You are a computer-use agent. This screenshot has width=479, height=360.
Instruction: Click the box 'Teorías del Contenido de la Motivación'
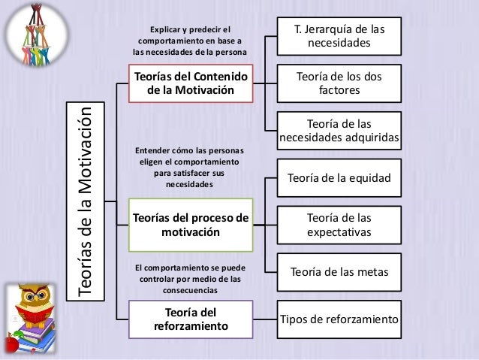coord(190,83)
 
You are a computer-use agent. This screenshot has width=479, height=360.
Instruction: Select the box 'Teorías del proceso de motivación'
coord(190,225)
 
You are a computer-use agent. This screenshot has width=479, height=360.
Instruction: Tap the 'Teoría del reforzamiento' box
coord(190,319)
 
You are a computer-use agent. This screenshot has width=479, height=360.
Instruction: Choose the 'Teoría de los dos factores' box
coord(339,83)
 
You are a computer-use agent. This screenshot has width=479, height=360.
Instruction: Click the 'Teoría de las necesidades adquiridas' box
coord(339,131)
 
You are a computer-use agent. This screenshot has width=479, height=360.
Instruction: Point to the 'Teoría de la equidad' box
coord(339,178)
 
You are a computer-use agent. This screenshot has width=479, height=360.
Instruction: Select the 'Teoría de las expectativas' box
coord(339,225)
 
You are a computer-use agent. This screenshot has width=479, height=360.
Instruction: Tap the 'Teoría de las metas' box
coord(339,271)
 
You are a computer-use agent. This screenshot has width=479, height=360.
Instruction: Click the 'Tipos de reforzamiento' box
coord(339,319)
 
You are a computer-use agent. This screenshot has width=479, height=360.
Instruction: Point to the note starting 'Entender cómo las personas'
coord(188,168)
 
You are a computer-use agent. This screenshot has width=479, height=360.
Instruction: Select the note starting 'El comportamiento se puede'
coord(188,277)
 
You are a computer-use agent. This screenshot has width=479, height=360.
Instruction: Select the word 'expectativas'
coord(339,232)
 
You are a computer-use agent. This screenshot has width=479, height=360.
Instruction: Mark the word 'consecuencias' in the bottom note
coord(188,289)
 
